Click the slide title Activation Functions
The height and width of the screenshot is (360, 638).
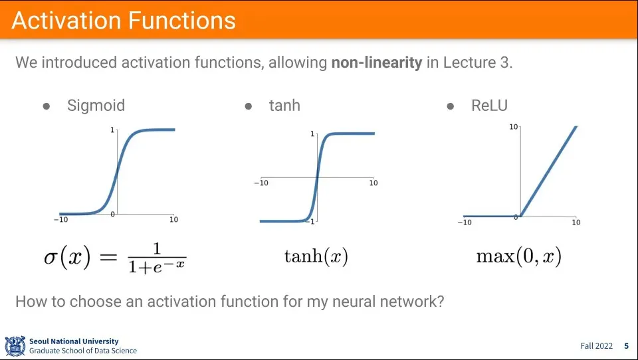[x=124, y=21]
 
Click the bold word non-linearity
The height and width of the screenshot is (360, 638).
[x=377, y=63]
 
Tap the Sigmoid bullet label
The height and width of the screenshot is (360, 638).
[x=96, y=105]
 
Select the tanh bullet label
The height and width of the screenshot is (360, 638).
[x=284, y=105]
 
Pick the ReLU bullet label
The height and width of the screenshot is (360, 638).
[x=489, y=105]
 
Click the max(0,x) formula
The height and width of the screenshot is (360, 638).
[x=518, y=256]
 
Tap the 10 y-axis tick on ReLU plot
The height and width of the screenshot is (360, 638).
[x=513, y=126]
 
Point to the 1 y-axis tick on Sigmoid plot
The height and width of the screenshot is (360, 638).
[x=112, y=130]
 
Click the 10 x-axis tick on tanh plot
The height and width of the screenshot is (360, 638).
[x=373, y=183]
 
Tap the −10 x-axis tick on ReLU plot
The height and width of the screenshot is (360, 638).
[x=465, y=223]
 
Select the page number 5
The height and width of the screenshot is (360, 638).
[x=625, y=346]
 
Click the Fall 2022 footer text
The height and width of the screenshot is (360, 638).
[x=596, y=346]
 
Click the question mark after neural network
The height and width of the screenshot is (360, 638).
[x=440, y=301]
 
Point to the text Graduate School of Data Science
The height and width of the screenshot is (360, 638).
[x=83, y=351]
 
